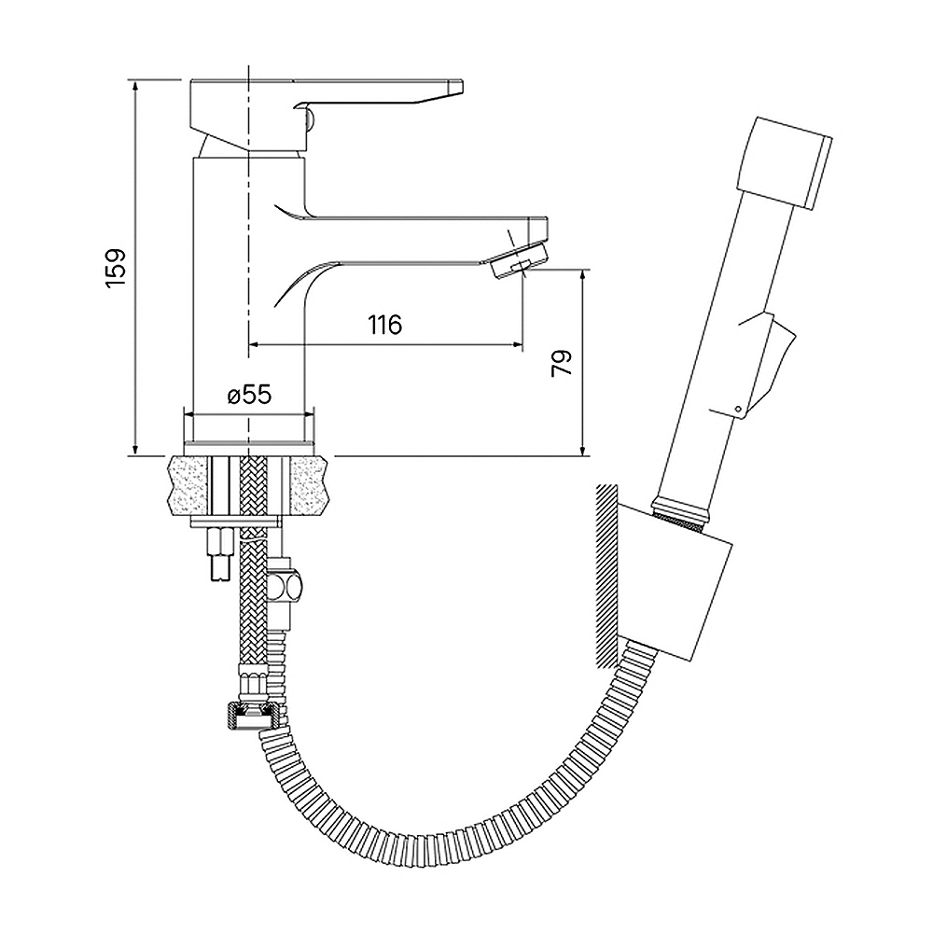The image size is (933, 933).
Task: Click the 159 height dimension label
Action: coord(116,268)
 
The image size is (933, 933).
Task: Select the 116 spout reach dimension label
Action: coord(385,325)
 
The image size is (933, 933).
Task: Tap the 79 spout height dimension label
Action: coord(562,363)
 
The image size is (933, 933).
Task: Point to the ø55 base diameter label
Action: coord(250,395)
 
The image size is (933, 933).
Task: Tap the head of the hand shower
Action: coord(785,163)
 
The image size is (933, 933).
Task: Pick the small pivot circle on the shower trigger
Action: coord(738,409)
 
